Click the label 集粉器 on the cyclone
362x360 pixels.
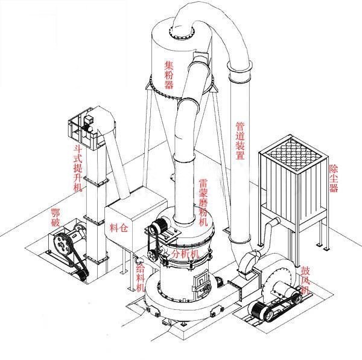click(169, 74)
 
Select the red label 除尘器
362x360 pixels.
click(334, 179)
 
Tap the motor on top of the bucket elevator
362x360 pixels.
click(88, 121)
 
